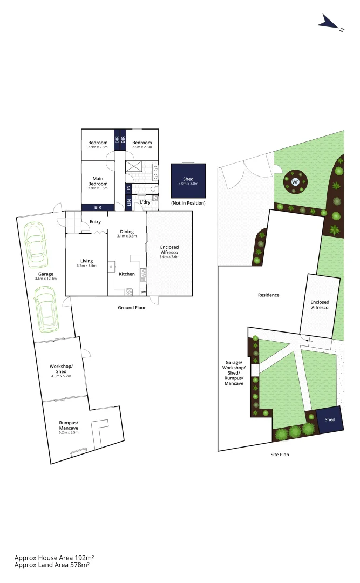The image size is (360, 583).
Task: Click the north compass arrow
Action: click(x=328, y=23)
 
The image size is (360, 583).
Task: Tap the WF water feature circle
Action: click(x=295, y=182)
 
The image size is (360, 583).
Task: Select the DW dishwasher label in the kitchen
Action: click(x=143, y=292)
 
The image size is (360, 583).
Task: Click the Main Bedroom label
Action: click(x=98, y=181)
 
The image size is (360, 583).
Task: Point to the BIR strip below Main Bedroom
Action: click(x=98, y=207)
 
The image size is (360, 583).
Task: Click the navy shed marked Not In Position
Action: click(x=188, y=181)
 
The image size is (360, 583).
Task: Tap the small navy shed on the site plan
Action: click(x=330, y=419)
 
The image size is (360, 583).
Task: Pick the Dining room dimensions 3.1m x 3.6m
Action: click(x=127, y=236)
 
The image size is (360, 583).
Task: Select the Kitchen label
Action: click(x=127, y=274)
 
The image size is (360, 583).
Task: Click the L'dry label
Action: click(x=145, y=202)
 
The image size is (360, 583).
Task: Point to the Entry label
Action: click(x=95, y=221)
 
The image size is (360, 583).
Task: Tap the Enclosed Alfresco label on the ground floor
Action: click(x=169, y=249)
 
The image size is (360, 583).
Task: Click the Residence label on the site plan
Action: click(x=268, y=295)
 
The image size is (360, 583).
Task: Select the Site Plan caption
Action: click(x=280, y=455)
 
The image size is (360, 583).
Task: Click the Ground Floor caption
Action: click(x=132, y=307)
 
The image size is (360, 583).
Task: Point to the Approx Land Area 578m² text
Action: click(x=52, y=565)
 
